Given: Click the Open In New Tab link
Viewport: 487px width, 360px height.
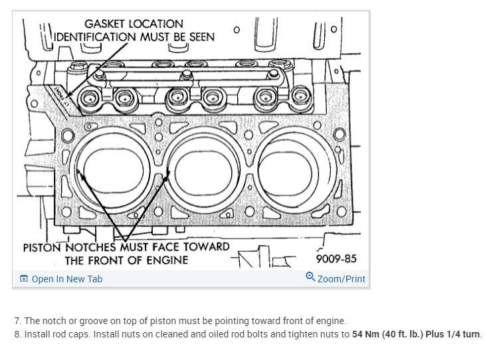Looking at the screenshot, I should (x=66, y=279).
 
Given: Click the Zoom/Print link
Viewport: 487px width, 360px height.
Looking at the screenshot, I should (x=341, y=279).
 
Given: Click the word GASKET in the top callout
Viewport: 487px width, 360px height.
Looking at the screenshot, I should (x=108, y=24).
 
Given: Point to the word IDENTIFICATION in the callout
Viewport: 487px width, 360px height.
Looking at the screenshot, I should (x=95, y=37).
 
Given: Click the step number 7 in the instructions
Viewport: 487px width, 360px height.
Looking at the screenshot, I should (x=17, y=321).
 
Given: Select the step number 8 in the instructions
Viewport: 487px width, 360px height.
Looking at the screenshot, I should (x=17, y=334).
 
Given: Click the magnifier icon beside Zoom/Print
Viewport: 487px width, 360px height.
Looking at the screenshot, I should (x=310, y=278).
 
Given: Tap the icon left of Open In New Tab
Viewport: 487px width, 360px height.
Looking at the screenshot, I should (x=24, y=279).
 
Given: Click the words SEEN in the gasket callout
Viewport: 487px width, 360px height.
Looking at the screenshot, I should (x=201, y=37).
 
